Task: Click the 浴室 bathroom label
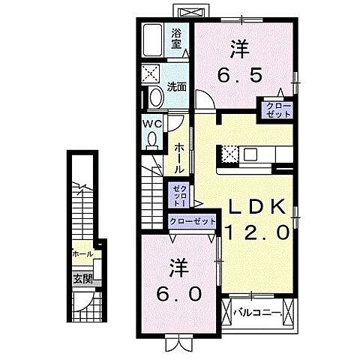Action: [177, 37]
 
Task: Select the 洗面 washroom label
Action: [177, 85]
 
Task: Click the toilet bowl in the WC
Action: [151, 139]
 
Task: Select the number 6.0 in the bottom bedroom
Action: [179, 292]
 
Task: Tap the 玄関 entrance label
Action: [82, 278]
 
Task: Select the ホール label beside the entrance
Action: [82, 254]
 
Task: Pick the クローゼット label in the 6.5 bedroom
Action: [275, 110]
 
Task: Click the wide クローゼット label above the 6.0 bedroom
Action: [193, 221]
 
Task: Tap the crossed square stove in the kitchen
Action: [229, 154]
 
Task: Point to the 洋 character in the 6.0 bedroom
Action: [177, 266]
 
